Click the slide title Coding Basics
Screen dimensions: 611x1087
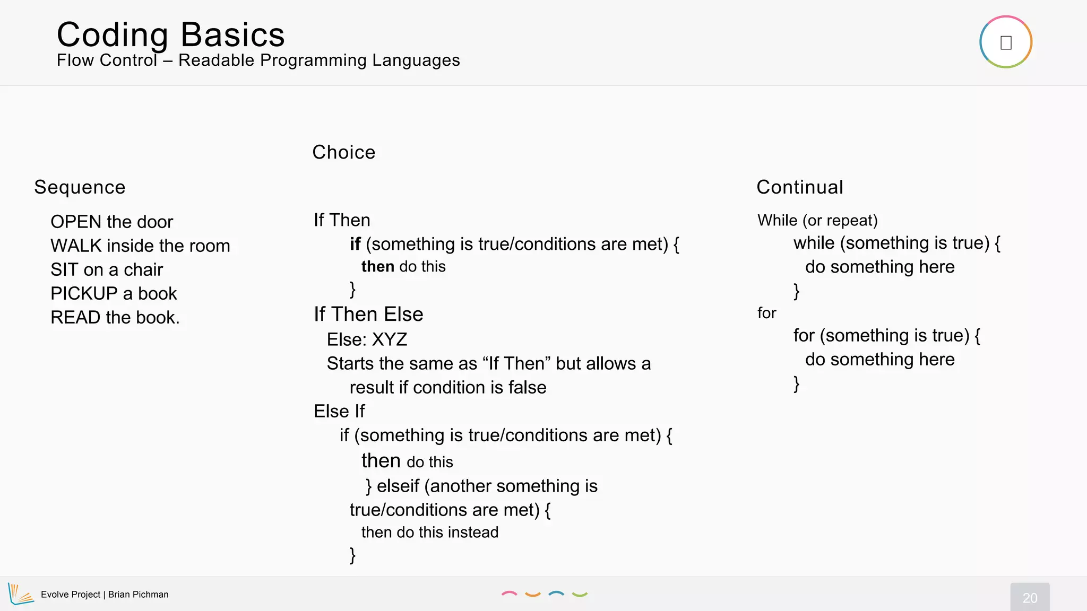tap(170, 35)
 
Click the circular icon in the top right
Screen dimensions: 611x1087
tap(1005, 42)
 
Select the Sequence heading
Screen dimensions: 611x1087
tap(80, 187)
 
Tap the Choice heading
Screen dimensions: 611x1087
tap(343, 152)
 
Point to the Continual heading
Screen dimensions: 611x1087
tap(799, 187)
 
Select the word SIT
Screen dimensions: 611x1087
tap(64, 269)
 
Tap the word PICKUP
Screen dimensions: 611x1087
tap(84, 293)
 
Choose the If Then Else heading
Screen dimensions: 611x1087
tap(368, 314)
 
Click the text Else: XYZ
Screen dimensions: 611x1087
tap(367, 339)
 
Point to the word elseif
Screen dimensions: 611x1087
tap(398, 486)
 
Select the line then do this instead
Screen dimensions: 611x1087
tap(429, 532)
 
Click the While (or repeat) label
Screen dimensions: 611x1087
tap(817, 220)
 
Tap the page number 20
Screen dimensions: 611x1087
tap(1030, 598)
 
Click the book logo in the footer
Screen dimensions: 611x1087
tap(20, 594)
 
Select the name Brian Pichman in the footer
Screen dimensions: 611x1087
tap(138, 595)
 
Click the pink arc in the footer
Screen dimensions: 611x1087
tap(509, 594)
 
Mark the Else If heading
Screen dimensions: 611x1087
tap(339, 411)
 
